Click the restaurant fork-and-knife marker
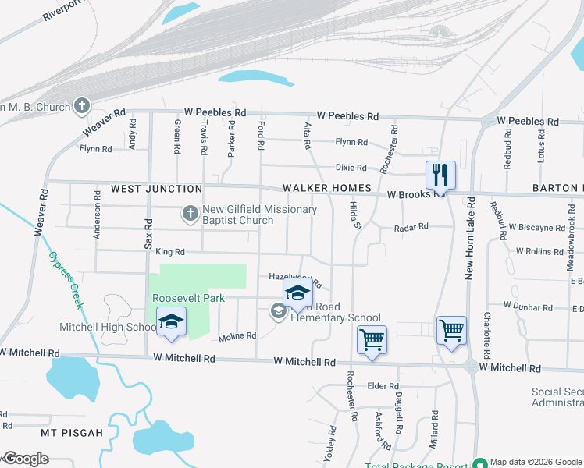pos(440,174)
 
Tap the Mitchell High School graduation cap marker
pos(171,321)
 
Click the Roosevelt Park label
pos(188,298)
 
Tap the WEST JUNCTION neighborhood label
pos(156,189)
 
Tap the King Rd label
pos(169,252)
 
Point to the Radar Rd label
pos(411,226)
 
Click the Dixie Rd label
pos(351,168)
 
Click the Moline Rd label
pos(237,336)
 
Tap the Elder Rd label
pos(383,386)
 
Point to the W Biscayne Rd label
pos(536,228)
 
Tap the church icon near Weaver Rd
pos(83,106)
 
